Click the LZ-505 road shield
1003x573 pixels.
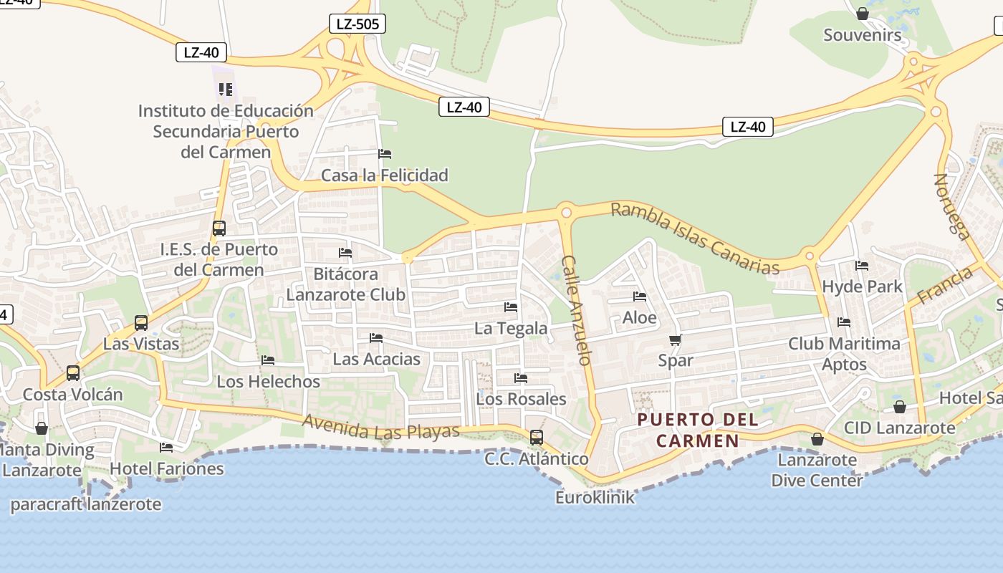(357, 24)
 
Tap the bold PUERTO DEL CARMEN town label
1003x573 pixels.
(697, 430)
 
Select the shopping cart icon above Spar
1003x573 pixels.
(675, 340)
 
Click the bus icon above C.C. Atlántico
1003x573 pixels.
(536, 437)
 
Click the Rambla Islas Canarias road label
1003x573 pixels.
(694, 239)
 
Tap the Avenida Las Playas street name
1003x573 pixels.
(380, 427)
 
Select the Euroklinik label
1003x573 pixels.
(595, 497)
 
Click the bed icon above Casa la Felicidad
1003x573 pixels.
(385, 154)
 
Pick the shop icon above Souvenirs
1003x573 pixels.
(863, 14)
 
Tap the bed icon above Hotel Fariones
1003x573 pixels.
(166, 448)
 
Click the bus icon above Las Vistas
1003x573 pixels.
(141, 323)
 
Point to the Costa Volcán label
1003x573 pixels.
(73, 395)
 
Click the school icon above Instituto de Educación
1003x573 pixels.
(226, 90)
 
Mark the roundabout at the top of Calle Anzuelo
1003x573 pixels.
(566, 212)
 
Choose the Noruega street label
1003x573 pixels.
(952, 206)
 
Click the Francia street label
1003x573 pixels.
(945, 285)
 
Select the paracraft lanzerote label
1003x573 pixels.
(86, 504)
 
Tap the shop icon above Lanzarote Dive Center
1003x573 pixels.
(817, 439)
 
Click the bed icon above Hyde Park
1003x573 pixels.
(862, 266)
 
